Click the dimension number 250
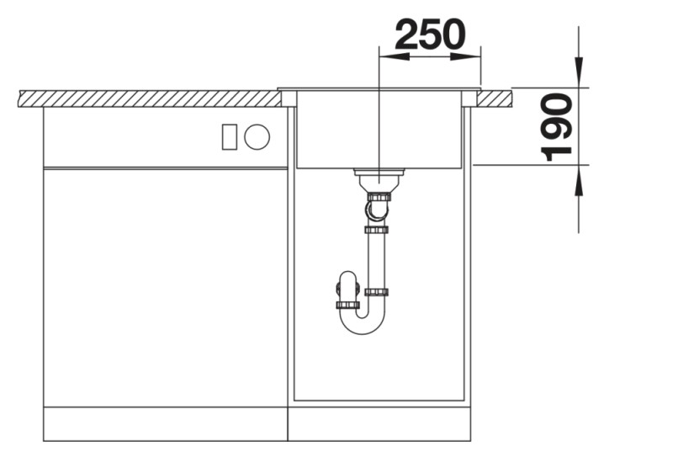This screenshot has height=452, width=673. coord(430,34)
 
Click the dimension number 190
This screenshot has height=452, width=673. coord(557,127)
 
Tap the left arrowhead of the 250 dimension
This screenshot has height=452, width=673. coord(394,56)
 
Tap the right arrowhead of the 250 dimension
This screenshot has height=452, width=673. coord(465,56)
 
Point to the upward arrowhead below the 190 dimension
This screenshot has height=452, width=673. coord(579,179)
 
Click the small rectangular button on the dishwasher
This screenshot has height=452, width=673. coord(229,137)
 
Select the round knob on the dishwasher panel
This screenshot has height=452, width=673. coord(257,137)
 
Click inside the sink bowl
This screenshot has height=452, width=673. coord(379,129)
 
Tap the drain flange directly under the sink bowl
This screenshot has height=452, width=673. coord(379,172)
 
